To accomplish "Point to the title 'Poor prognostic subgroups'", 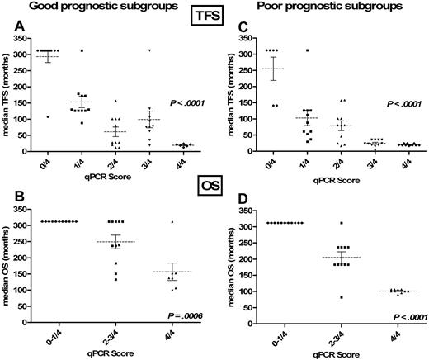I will [316, 6].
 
